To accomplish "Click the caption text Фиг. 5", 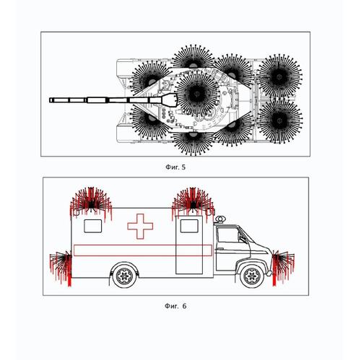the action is point(175,167).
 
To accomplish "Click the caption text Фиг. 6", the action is point(175,306).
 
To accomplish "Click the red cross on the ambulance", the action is point(140,227).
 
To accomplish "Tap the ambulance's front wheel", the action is point(252,276).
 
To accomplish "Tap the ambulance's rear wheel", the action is point(124,276).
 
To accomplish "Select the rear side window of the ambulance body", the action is point(93,226).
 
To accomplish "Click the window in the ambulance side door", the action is point(189,226).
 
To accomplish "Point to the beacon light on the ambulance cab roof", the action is point(220,219).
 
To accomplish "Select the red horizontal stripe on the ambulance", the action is point(143,250).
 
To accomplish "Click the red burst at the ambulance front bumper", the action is point(283,267).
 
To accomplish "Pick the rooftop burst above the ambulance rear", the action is point(91,203).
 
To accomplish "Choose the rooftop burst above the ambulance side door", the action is point(193,203).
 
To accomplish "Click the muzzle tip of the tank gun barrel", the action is point(50,100).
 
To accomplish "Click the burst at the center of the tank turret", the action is point(197,95).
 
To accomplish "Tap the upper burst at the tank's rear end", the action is point(279,76).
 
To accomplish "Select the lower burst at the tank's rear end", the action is point(279,120).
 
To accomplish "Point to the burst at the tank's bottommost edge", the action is point(193,142).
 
